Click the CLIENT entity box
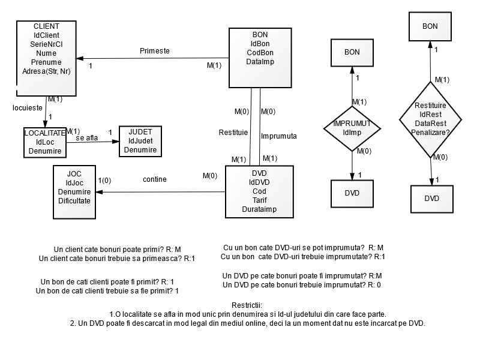[x=46, y=58]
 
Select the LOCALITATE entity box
[x=45, y=142]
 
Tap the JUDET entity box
[x=140, y=140]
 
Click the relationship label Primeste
[x=154, y=51]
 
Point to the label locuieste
[x=27, y=108]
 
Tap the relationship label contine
[x=155, y=179]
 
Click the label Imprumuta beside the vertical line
[x=279, y=136]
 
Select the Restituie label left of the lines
[x=233, y=131]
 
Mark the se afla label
[x=87, y=138]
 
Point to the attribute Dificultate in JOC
[x=74, y=200]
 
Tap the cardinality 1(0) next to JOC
[x=105, y=180]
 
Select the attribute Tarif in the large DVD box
[x=259, y=200]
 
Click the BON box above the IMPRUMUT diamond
[x=352, y=52]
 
